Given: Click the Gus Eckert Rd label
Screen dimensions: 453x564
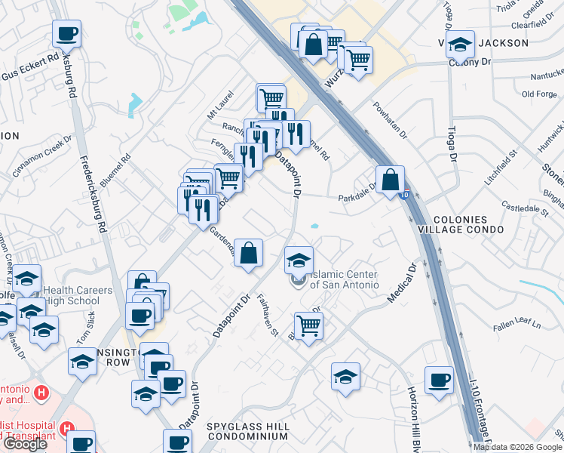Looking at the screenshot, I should (30, 67).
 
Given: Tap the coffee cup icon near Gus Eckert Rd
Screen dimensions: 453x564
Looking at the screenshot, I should (66, 34).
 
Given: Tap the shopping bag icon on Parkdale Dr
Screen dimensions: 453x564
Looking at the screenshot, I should (390, 181).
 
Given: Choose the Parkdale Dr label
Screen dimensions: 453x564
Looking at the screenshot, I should (357, 192).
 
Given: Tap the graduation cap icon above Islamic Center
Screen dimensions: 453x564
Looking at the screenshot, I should (299, 261).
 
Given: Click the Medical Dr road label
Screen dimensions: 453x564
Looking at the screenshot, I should (402, 283).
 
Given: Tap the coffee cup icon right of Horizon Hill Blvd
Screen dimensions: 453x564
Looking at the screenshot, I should (439, 381).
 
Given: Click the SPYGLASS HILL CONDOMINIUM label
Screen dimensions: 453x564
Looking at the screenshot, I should (248, 431).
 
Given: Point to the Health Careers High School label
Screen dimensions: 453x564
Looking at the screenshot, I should (78, 295).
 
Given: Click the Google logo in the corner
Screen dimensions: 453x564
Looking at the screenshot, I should (24, 444).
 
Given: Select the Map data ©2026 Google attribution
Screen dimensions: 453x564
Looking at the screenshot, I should (517, 447).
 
